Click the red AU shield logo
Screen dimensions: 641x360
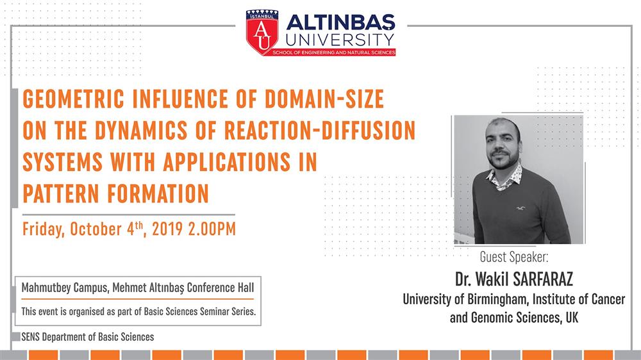[x=262, y=32]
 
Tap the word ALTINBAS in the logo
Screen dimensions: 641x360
[x=340, y=23]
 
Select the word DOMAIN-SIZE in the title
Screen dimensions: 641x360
[x=324, y=99]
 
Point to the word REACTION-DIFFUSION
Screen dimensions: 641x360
[x=320, y=130]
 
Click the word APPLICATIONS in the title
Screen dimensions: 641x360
[x=227, y=162]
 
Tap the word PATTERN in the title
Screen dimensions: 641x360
[x=61, y=193]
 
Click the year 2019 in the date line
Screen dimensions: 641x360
[x=167, y=229]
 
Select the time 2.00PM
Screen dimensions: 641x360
[x=212, y=229]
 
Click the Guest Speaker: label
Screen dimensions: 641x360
[x=514, y=257]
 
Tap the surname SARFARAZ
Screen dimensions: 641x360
[x=543, y=279]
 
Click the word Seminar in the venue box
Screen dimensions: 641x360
[x=213, y=311]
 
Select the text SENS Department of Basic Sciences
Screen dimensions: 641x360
[x=87, y=337]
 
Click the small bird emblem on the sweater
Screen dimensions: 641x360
[x=520, y=208]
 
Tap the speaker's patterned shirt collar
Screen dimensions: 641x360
[x=505, y=178]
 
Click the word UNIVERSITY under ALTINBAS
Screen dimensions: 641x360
[x=340, y=40]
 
